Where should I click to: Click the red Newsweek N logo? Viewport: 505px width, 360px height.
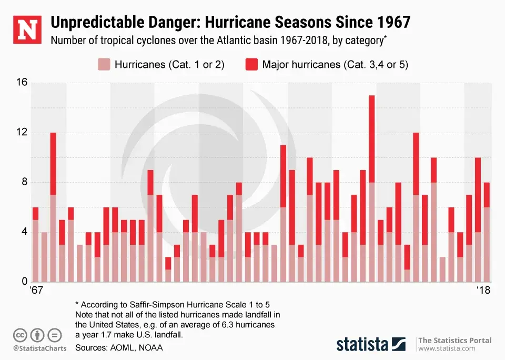(x=26, y=31)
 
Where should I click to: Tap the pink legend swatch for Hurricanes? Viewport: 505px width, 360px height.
(x=104, y=64)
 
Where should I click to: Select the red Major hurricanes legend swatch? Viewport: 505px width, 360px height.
(x=251, y=64)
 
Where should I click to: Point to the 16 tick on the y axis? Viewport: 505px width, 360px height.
(x=22, y=83)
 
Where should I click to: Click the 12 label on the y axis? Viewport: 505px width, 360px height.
(x=22, y=133)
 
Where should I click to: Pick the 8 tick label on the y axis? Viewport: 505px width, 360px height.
(x=24, y=183)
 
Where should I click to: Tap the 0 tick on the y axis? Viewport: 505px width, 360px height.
(x=24, y=282)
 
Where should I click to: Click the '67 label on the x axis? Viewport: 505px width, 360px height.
(x=35, y=291)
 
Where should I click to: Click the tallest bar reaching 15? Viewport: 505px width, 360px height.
(x=371, y=188)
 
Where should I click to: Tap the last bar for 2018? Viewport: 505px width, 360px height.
(x=487, y=232)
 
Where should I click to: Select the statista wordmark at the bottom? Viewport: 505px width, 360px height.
(x=362, y=345)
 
